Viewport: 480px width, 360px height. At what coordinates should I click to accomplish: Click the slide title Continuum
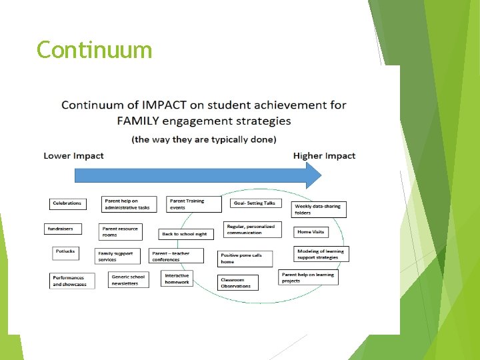click(95, 49)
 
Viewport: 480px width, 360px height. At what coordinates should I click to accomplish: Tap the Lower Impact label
click(73, 156)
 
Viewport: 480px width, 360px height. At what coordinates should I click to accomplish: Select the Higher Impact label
click(324, 156)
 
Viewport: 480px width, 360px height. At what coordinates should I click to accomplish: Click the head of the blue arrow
click(313, 175)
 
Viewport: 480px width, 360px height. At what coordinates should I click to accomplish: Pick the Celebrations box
click(67, 203)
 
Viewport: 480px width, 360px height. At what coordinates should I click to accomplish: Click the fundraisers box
click(61, 229)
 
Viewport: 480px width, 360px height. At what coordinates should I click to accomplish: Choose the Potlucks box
click(66, 253)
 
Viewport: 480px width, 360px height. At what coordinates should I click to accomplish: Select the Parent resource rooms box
click(121, 231)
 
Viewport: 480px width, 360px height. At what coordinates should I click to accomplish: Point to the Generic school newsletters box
click(129, 280)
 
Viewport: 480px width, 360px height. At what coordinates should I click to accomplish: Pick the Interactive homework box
click(178, 279)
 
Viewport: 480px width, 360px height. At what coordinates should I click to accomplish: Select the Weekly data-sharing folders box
click(319, 209)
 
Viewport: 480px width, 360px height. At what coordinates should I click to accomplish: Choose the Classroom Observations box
click(237, 283)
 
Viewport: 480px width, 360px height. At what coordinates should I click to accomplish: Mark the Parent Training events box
click(188, 204)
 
